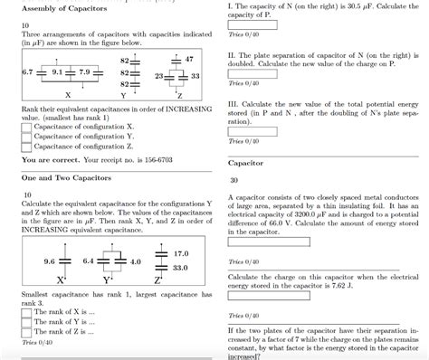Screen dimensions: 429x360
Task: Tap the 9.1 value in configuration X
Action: [59, 69]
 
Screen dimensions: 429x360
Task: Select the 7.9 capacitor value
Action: [85, 69]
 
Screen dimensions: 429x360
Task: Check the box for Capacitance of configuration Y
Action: [26, 137]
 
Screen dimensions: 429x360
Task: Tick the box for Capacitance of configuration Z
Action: [26, 147]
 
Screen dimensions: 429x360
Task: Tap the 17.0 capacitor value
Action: [180, 253]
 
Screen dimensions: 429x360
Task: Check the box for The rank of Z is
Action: [26, 333]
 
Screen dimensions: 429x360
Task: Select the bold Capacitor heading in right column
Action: [245, 164]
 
